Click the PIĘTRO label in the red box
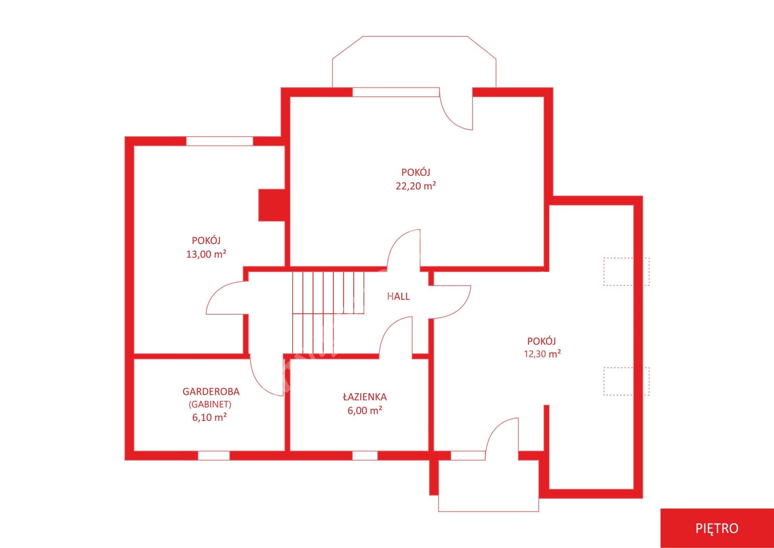pos(717,528)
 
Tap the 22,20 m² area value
pos(416,186)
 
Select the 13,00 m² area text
pos(206,254)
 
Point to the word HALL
pos(398,296)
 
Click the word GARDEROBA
pos(211,392)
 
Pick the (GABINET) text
pos(210,404)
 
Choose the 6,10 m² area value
pos(209,417)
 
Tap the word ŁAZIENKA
pos(365,397)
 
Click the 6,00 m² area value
pos(365,410)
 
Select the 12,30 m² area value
pos(542,354)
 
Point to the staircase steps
pos(328,313)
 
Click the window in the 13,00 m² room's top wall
pos(220,141)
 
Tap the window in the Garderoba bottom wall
pos(214,456)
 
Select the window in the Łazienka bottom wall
pos(365,456)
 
